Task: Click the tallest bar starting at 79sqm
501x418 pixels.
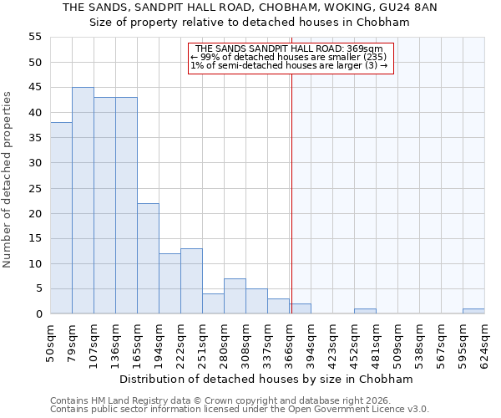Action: click(x=83, y=201)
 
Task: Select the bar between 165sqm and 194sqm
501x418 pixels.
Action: click(x=148, y=258)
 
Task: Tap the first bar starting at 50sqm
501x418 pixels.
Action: click(x=61, y=218)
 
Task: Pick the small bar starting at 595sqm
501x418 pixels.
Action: click(x=473, y=311)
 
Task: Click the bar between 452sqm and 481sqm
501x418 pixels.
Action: click(x=365, y=311)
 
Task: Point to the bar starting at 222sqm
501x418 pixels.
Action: click(x=191, y=281)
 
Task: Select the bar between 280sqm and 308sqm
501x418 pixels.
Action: click(x=235, y=296)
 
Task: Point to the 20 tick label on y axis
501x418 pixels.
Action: click(x=35, y=214)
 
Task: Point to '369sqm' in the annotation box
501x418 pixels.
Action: click(x=365, y=49)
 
